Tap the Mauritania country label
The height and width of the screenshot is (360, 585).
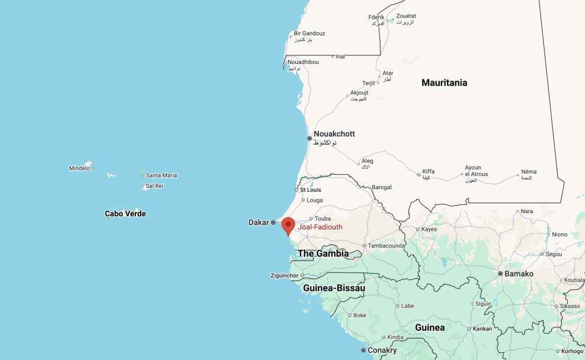point(444,83)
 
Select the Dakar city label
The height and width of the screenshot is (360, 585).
point(258,222)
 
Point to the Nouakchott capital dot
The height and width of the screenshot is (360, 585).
point(310,138)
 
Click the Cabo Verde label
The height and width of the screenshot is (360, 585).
point(125,214)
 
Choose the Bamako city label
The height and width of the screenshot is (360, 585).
point(519,274)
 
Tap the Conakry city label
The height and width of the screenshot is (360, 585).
point(382,350)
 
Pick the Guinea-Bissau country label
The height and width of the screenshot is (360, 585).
point(334,288)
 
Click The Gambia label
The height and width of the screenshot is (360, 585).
point(323,253)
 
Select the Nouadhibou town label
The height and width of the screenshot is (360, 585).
point(303,62)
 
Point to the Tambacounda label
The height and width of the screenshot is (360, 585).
point(387,246)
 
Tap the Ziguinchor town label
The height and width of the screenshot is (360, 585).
point(285,275)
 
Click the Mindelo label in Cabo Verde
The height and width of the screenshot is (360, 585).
point(79,168)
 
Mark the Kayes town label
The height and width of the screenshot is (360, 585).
point(428,229)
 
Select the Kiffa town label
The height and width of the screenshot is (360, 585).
point(428,171)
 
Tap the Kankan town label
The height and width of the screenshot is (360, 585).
point(483,329)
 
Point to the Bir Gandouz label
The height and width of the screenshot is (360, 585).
point(309,33)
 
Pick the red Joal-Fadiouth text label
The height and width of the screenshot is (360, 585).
point(320,227)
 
